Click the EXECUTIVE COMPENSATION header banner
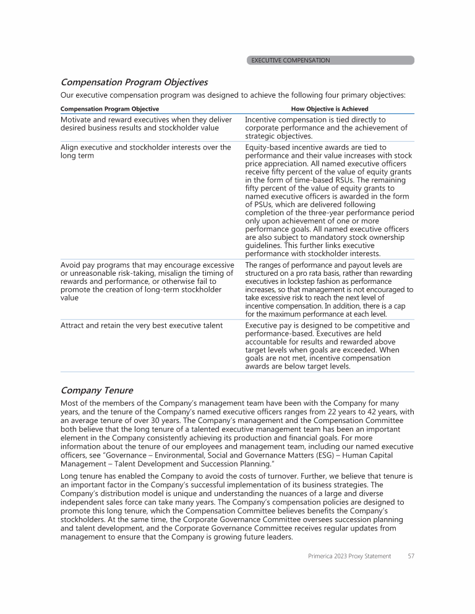coord(330,61)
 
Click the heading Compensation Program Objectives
coord(134,82)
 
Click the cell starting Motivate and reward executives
coord(146,124)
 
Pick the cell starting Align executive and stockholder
coord(146,151)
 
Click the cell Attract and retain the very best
coord(142,325)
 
